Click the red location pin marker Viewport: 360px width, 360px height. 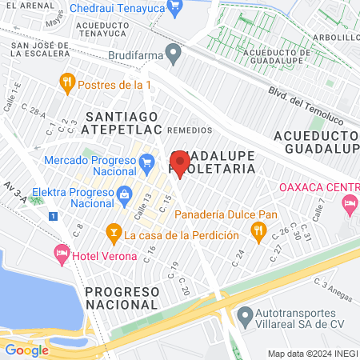point(180,164)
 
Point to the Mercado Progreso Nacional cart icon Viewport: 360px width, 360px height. point(146,164)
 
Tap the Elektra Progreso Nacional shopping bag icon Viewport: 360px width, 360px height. point(124,194)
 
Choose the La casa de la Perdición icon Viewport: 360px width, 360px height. point(113,235)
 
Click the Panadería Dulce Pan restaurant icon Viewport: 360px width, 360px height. point(258,230)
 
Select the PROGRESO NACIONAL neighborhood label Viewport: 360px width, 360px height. point(122,298)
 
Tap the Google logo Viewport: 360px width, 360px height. point(27,350)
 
